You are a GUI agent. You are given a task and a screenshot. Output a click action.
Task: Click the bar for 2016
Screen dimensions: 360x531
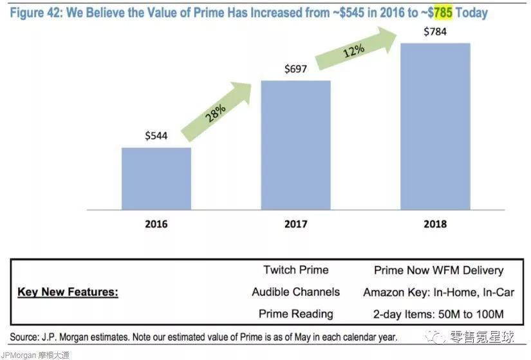[156, 178]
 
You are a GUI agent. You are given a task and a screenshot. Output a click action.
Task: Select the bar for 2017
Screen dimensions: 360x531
[295, 145]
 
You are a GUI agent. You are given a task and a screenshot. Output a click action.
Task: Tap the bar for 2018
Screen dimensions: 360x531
[435, 126]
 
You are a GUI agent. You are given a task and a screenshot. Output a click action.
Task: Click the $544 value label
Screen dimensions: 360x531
[156, 136]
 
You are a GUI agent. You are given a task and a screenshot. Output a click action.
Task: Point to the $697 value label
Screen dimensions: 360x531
[295, 69]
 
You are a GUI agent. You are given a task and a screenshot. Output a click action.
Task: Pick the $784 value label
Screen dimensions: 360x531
[435, 32]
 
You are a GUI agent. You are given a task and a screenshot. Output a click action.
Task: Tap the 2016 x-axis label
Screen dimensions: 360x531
[156, 224]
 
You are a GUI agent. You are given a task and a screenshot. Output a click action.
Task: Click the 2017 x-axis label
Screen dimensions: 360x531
[295, 224]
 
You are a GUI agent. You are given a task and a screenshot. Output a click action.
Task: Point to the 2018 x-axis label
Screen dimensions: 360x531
[435, 224]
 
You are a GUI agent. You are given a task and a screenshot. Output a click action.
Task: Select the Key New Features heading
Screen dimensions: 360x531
[68, 292]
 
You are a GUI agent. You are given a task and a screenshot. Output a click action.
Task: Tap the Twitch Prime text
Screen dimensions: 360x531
[295, 270]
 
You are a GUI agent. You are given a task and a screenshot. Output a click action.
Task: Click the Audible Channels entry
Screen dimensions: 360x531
[295, 292]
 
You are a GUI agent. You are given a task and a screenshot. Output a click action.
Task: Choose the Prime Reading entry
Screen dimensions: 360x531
[295, 314]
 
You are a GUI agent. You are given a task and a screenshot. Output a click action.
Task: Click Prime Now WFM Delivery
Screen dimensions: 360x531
[438, 270]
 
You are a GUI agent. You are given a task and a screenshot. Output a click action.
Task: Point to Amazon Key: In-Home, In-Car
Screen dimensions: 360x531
[438, 292]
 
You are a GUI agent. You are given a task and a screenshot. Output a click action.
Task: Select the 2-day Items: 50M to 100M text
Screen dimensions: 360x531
[438, 314]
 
